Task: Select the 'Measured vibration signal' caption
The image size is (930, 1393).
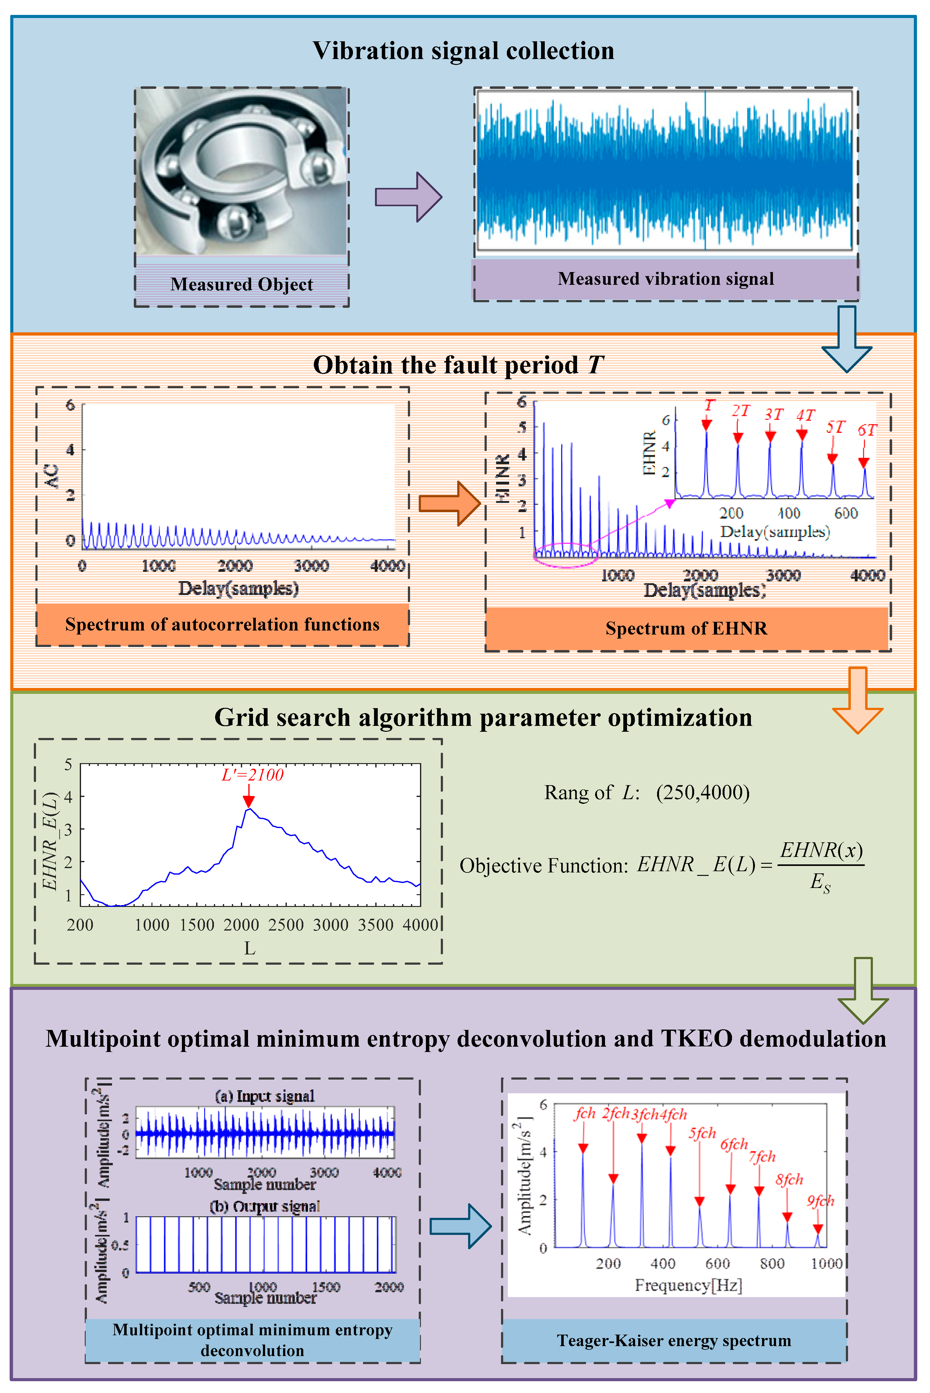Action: pyautogui.click(x=666, y=279)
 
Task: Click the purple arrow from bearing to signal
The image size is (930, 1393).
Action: pyautogui.click(x=409, y=197)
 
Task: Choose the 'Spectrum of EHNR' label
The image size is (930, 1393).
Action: pyautogui.click(x=686, y=628)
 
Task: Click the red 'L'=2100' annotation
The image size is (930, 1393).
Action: pyautogui.click(x=253, y=775)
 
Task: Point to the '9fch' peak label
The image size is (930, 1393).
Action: pyautogui.click(x=820, y=1201)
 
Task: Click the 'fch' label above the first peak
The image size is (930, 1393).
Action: pyautogui.click(x=585, y=1113)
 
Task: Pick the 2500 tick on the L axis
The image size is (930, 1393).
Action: pyautogui.click(x=286, y=925)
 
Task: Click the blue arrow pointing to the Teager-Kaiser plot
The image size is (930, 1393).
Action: pyautogui.click(x=460, y=1226)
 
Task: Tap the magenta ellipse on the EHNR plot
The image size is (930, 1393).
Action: pyautogui.click(x=565, y=555)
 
